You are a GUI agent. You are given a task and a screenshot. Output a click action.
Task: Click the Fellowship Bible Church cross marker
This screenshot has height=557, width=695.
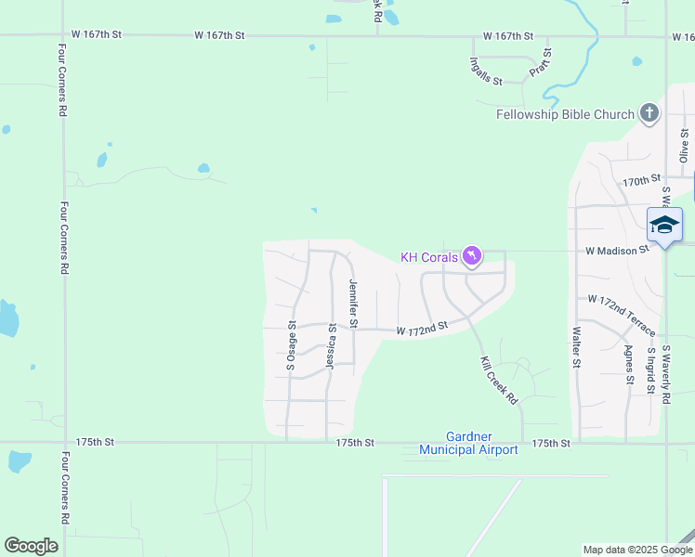click(x=649, y=115)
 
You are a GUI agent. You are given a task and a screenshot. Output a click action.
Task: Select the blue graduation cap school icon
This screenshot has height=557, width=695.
click(x=664, y=225)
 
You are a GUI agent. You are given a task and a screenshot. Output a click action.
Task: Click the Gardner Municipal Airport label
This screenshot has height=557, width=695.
click(x=468, y=443)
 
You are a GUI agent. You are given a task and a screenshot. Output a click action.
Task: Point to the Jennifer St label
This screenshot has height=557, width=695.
click(x=353, y=304)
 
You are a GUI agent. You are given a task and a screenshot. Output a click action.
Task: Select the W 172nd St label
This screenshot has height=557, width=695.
click(x=422, y=328)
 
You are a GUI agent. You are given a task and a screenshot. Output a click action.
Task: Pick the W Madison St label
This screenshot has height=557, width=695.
click(x=616, y=251)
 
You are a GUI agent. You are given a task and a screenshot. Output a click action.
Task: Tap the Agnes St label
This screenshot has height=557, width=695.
click(x=629, y=364)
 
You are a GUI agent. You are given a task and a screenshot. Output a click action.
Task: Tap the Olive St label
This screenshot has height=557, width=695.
click(x=684, y=146)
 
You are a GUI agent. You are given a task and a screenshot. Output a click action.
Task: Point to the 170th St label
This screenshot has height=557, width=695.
click(x=641, y=180)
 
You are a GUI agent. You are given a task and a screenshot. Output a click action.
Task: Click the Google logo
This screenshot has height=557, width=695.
click(x=31, y=546)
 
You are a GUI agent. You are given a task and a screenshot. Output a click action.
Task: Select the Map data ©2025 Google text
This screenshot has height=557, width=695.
click(x=636, y=550)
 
